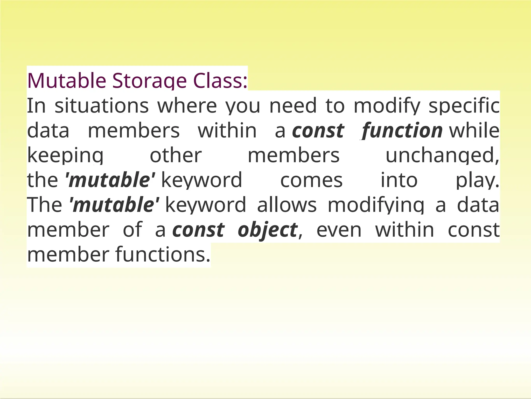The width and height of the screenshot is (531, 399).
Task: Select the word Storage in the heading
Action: coord(149,81)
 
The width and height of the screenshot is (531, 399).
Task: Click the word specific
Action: coord(464,106)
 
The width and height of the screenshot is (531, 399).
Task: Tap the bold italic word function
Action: coord(402,131)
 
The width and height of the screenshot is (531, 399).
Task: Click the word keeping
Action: coord(65,156)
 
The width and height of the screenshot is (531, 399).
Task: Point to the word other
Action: coord(176,155)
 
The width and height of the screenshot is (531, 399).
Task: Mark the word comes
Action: coord(311,180)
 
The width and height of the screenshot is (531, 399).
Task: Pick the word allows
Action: coord(287,205)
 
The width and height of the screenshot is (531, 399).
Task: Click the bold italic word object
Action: coord(267,230)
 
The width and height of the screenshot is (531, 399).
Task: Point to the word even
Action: coord(339,230)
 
